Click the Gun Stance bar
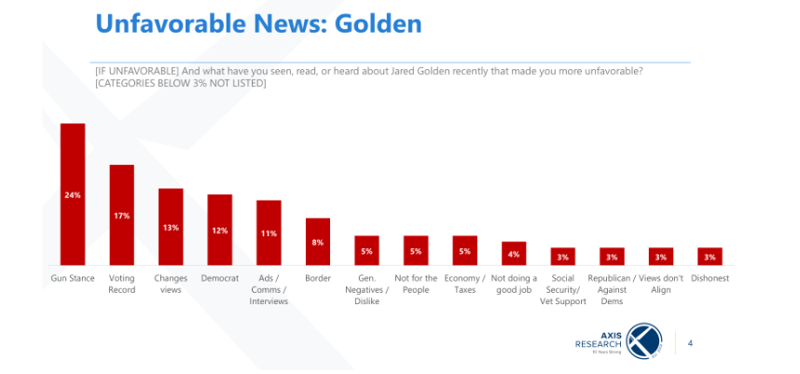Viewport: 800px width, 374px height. (x=73, y=194)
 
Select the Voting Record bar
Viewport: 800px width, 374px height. (x=122, y=215)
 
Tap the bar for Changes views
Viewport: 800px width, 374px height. (x=171, y=227)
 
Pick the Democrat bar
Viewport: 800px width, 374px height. (x=220, y=229)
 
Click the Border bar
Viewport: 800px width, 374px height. (x=318, y=242)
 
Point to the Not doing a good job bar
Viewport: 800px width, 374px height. (x=514, y=253)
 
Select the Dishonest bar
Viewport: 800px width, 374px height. (x=710, y=256)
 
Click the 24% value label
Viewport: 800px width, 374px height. (x=73, y=195)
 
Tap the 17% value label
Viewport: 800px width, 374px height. (x=122, y=215)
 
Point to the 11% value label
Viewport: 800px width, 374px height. (x=269, y=233)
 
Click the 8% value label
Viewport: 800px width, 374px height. (x=318, y=242)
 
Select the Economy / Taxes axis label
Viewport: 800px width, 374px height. (x=464, y=283)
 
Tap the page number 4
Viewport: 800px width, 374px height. (x=689, y=343)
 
